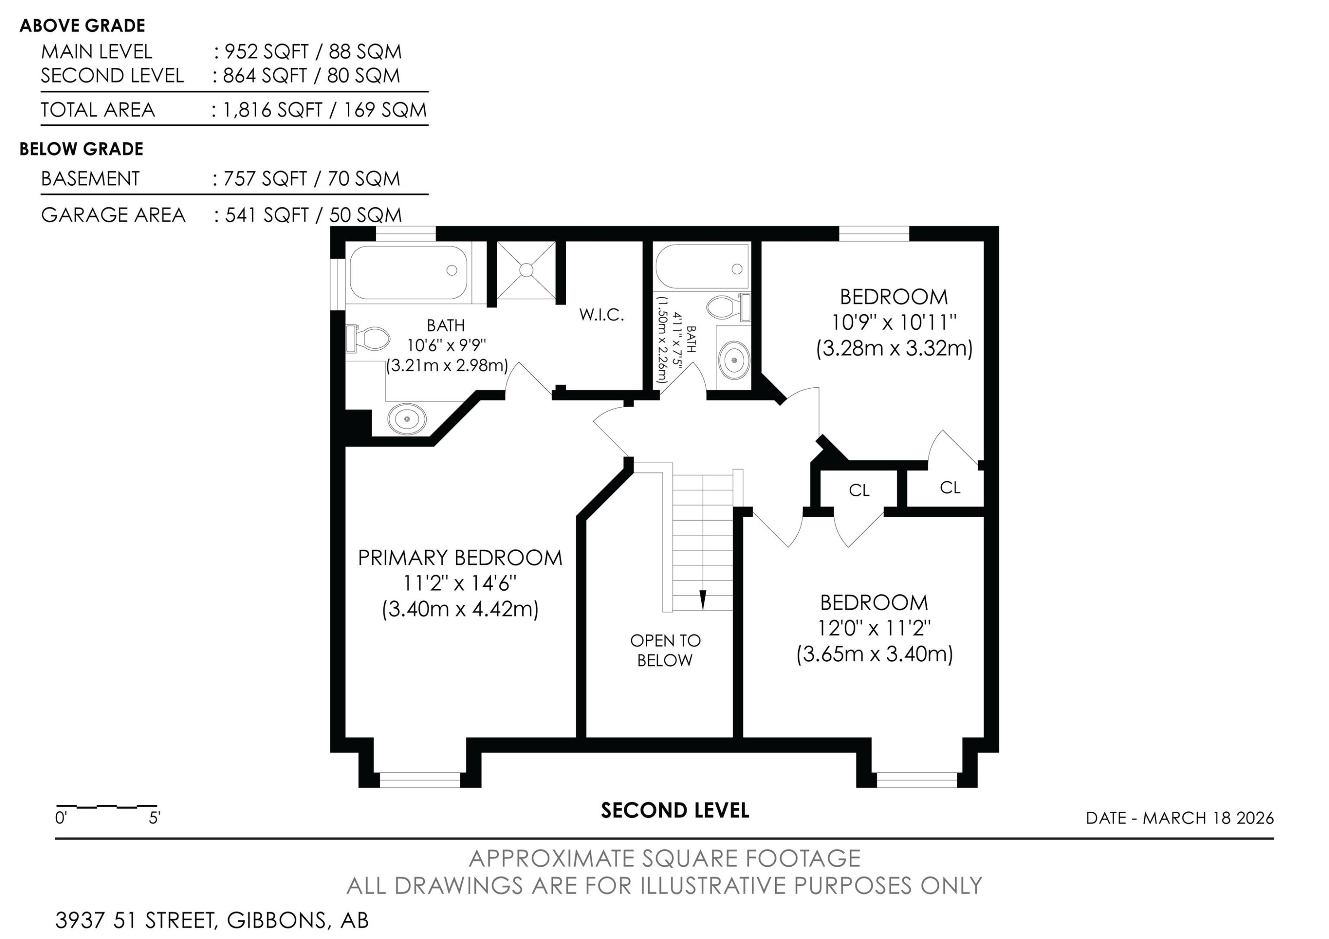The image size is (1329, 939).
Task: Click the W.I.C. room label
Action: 602,315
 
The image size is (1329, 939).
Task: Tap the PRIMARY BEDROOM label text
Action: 460,558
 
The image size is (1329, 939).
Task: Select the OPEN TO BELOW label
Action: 665,650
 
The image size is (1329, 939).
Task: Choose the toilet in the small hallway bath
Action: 728,308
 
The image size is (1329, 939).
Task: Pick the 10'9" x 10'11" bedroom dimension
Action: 894,321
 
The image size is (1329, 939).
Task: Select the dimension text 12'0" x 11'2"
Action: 874,627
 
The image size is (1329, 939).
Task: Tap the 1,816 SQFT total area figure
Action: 272,110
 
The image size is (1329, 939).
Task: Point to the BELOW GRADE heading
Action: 82,149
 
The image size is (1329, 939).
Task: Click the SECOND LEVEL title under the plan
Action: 675,810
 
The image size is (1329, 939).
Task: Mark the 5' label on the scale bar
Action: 155,818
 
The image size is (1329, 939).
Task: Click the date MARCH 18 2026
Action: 1208,818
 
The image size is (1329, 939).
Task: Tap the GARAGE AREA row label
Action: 113,215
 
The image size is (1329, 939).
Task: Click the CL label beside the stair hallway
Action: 859,491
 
